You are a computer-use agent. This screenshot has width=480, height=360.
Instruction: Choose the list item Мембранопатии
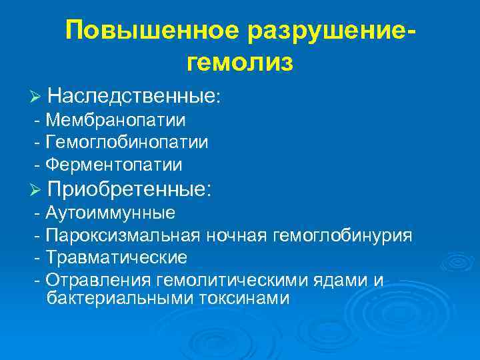point(117,121)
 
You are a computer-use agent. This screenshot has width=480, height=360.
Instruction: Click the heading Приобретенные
point(130,189)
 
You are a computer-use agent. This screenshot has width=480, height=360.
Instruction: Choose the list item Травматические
point(117,257)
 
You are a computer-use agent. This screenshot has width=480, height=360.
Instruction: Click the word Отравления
point(99,279)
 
